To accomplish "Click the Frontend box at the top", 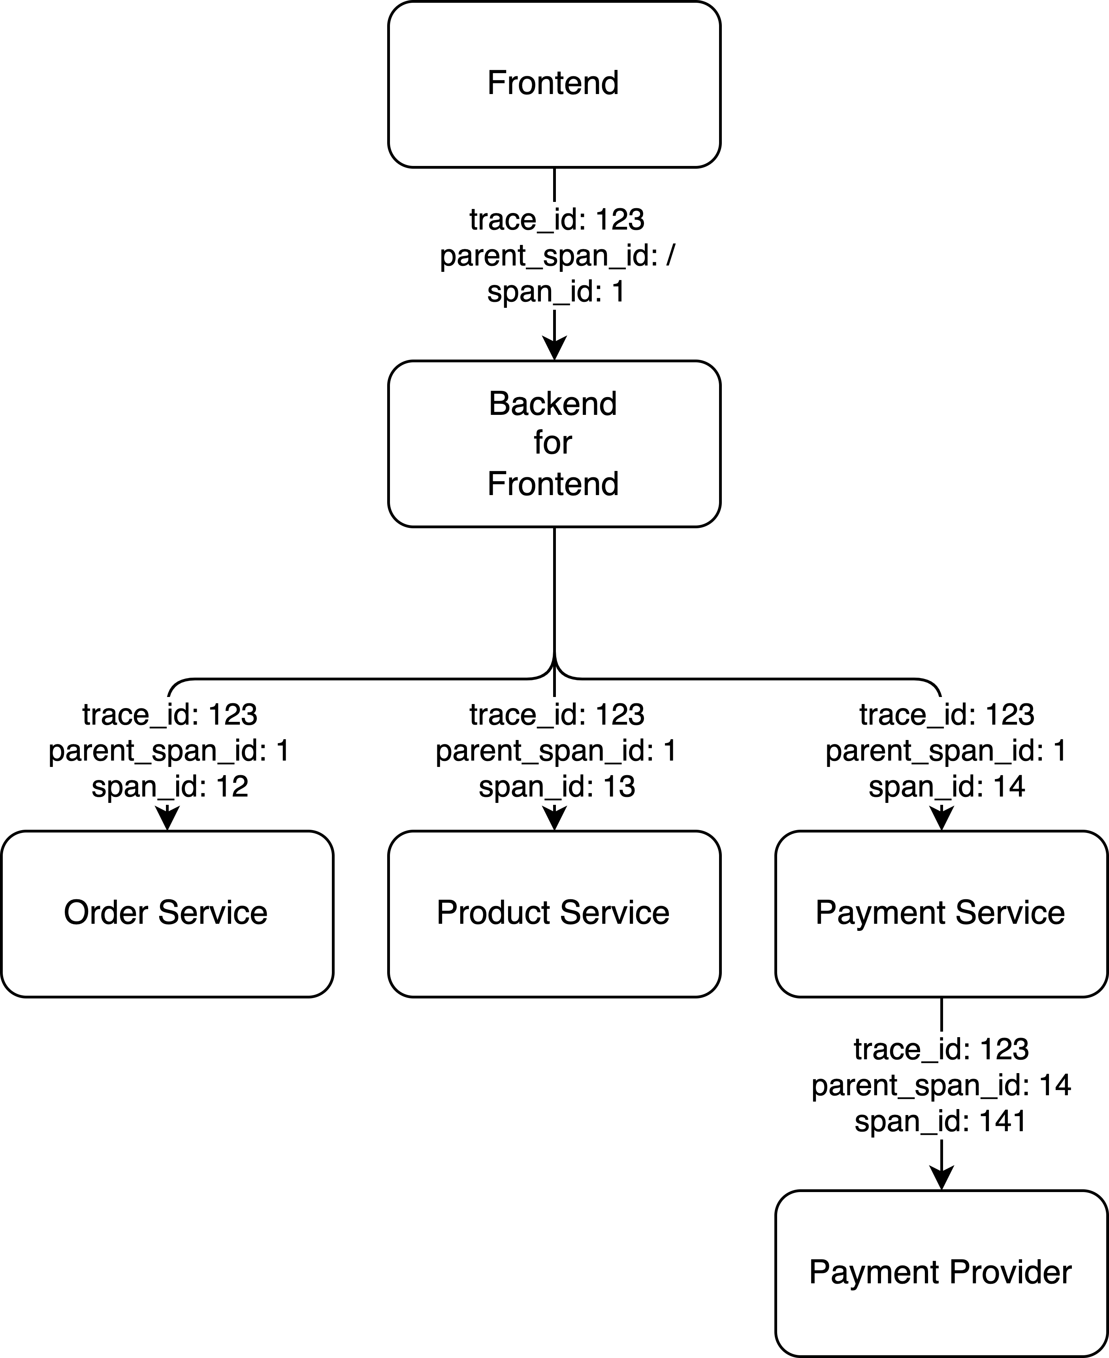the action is coord(554,84).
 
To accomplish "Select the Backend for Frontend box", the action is coord(554,444).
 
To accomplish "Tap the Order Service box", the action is coord(167,914).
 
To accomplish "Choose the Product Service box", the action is coord(554,914).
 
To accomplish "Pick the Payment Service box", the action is coord(941,914).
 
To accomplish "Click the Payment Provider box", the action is coord(941,1274).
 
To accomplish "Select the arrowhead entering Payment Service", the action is coord(941,819).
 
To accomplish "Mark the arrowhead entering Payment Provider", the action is coord(941,1179).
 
